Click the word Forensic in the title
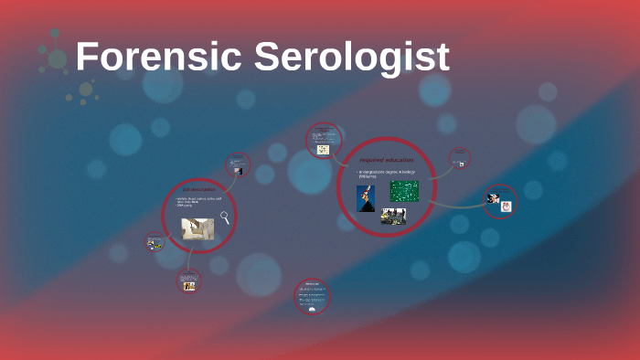tap(157, 57)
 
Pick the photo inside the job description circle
tap(197, 228)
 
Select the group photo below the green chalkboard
tap(393, 216)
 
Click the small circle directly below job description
tap(188, 282)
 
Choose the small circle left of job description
tap(155, 242)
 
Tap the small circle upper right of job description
tap(239, 164)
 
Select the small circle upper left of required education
tap(324, 141)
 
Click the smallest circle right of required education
tap(460, 159)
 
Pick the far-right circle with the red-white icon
tap(500, 202)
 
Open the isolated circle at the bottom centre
tap(313, 296)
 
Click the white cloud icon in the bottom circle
tap(313, 309)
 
